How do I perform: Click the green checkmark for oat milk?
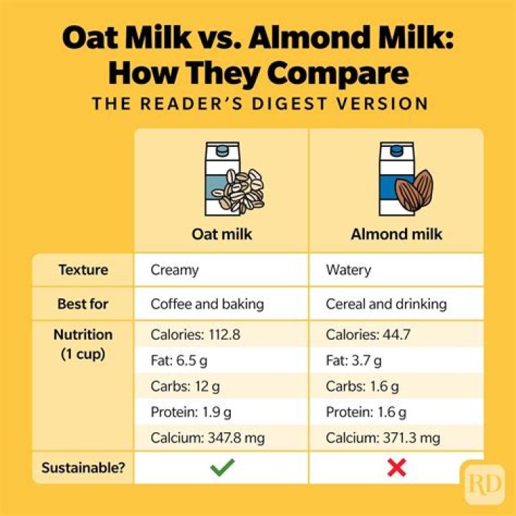click(222, 468)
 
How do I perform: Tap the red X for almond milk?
click(396, 468)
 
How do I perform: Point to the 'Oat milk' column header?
click(221, 234)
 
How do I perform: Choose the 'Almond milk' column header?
click(396, 234)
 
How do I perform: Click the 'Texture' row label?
click(83, 270)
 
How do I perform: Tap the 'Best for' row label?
click(83, 304)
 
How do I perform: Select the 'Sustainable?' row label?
click(83, 468)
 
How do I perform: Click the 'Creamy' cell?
click(174, 270)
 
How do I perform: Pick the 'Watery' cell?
click(348, 270)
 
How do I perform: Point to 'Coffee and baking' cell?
click(207, 304)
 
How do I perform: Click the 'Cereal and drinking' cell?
click(386, 304)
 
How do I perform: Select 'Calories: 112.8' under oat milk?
click(196, 335)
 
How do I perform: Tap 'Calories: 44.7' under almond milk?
click(368, 335)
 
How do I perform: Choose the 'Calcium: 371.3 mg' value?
click(383, 438)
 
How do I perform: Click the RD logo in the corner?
click(484, 484)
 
